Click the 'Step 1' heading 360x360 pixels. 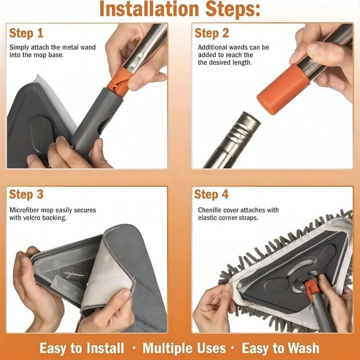pos(27,33)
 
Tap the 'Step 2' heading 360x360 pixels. pos(211,33)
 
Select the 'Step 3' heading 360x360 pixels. pos(27,194)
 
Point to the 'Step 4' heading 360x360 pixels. pos(211,194)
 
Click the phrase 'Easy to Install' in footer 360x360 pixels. pos(81,348)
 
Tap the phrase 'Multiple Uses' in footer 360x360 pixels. pos(184,348)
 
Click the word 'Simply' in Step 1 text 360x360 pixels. pos(19,47)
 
